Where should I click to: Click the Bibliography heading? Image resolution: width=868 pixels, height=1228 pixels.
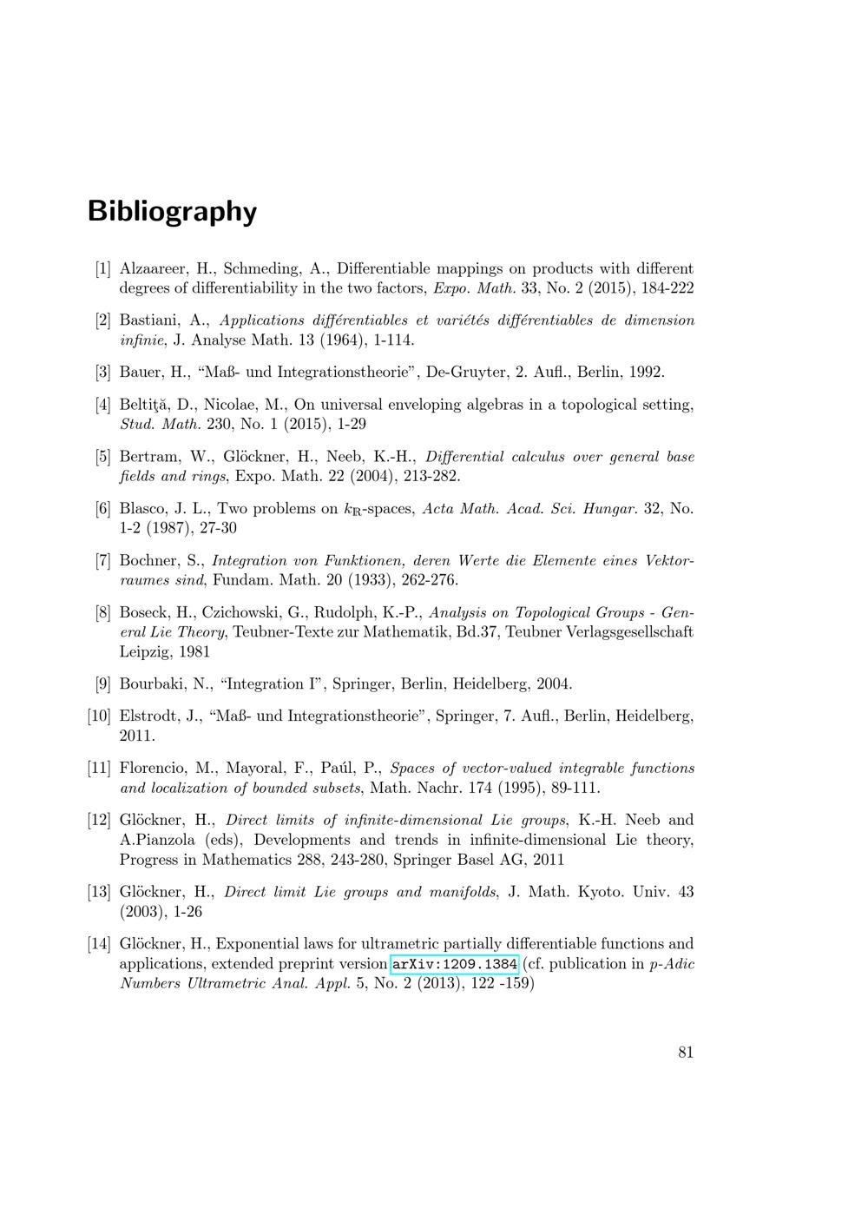172,211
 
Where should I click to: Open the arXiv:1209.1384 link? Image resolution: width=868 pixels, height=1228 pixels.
455,964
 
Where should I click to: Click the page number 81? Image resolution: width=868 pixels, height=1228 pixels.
686,1053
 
